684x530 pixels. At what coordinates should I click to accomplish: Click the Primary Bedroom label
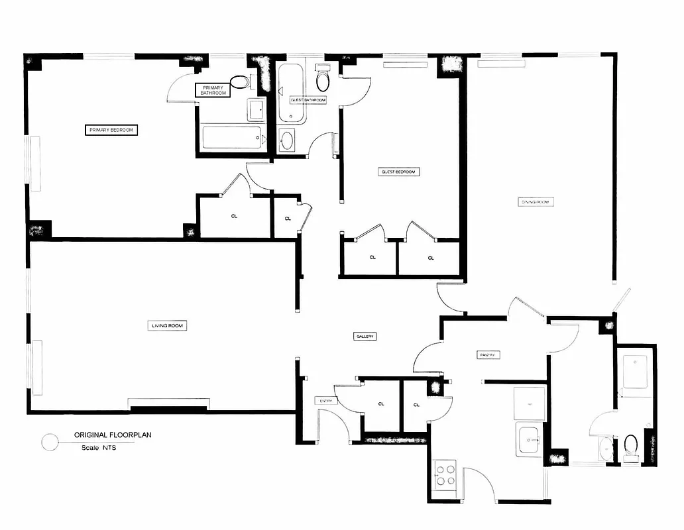[111, 130]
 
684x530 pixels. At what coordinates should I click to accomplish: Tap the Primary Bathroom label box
[213, 90]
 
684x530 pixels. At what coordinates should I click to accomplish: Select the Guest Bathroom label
[308, 99]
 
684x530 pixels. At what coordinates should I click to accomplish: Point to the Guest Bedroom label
[399, 172]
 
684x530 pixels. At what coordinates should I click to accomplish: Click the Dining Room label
[536, 201]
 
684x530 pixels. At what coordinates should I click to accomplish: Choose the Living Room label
[167, 325]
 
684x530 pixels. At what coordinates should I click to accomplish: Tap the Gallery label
[365, 337]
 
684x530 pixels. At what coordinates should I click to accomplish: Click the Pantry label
[488, 355]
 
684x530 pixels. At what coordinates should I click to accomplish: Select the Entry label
[324, 400]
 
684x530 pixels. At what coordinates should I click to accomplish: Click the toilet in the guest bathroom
[323, 78]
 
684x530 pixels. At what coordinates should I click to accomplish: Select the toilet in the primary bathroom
[239, 83]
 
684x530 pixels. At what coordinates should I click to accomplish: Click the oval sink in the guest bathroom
[287, 140]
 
